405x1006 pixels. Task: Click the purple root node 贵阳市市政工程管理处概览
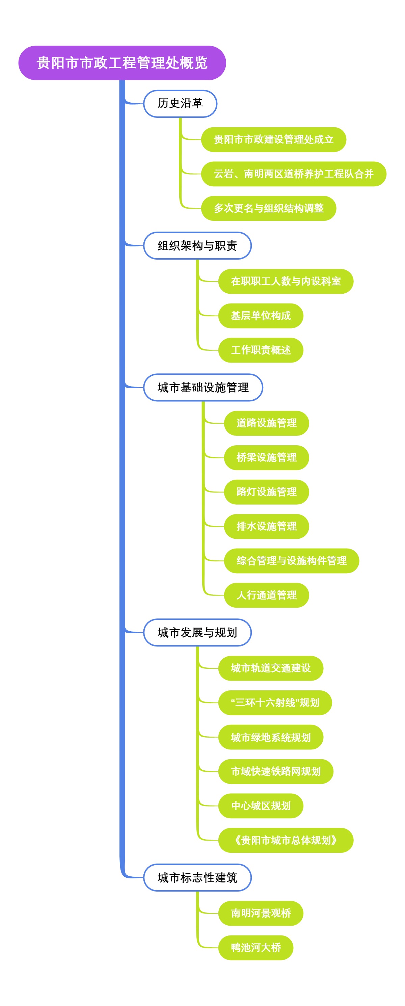(122, 63)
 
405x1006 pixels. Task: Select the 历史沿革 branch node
(180, 104)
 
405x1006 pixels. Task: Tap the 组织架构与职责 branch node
(197, 246)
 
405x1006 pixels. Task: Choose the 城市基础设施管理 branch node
(203, 388)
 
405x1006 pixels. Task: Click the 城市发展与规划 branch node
(197, 632)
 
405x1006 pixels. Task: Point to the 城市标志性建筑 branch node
(197, 877)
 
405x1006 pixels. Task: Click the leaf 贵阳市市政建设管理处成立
(273, 139)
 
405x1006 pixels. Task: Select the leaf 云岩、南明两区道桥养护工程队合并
(293, 174)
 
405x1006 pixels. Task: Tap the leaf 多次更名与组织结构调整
(268, 208)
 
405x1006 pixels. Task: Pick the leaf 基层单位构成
(261, 316)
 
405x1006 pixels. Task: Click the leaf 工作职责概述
(261, 350)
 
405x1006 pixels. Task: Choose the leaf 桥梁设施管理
(266, 457)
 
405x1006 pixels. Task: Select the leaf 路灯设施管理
(266, 492)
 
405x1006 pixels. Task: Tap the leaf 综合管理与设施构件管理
(291, 560)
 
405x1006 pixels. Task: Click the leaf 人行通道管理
(266, 595)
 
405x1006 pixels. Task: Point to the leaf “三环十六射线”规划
(275, 703)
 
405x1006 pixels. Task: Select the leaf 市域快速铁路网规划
(275, 771)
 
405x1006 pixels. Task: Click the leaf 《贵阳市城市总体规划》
(286, 840)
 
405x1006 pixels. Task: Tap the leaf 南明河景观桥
(261, 913)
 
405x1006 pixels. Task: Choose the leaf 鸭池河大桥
(255, 947)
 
